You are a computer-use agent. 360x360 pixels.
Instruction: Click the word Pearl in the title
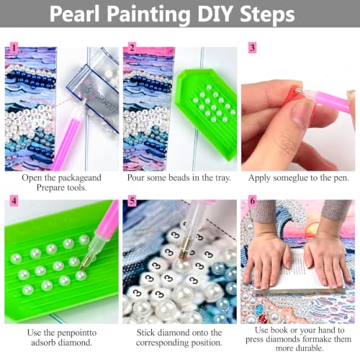tap(75, 14)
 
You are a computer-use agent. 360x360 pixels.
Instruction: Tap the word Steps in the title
tap(267, 14)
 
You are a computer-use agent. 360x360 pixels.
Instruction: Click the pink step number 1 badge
tap(14, 48)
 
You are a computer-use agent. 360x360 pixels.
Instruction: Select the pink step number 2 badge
tap(132, 48)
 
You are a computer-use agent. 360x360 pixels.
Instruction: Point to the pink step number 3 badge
tap(252, 48)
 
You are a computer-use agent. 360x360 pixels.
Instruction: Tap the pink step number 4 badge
tap(14, 201)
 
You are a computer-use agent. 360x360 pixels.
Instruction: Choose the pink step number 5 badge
tap(132, 201)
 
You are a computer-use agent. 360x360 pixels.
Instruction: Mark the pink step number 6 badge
tap(252, 201)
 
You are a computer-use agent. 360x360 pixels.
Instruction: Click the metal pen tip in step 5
tap(184, 250)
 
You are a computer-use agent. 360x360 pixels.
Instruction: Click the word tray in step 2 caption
tap(221, 178)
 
